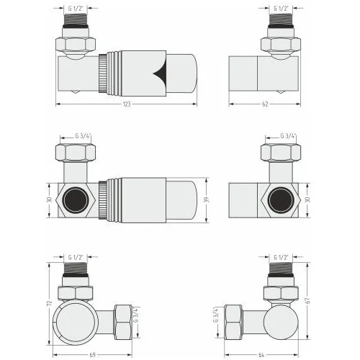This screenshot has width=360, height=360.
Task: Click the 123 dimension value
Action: (x=127, y=104)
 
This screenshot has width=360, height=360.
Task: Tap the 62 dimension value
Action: (x=265, y=104)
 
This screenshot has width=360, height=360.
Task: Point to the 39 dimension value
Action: (x=206, y=199)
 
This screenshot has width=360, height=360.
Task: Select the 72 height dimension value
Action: (x=50, y=304)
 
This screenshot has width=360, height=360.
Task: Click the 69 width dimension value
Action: (x=92, y=355)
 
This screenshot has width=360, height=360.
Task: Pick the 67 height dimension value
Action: (x=308, y=300)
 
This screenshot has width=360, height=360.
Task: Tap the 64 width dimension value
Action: (x=261, y=355)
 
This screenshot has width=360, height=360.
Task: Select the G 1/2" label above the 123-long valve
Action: (x=76, y=9)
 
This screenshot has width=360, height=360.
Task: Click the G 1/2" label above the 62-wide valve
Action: (x=281, y=9)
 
